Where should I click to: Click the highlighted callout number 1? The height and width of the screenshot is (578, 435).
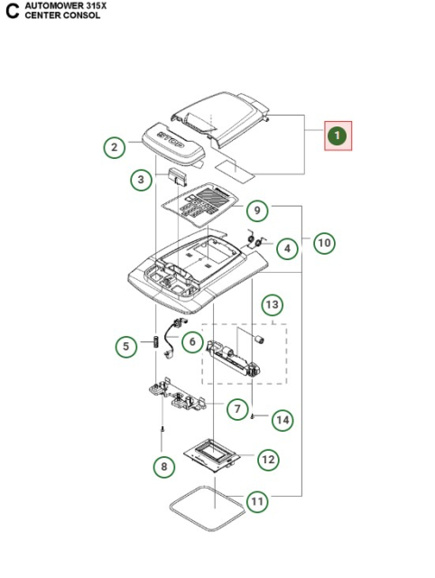click(337, 136)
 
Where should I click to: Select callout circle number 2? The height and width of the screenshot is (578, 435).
click(114, 147)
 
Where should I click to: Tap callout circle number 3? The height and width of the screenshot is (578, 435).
click(140, 181)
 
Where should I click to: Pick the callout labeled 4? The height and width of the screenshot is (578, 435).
click(287, 247)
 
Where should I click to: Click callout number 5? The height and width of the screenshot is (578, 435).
click(127, 345)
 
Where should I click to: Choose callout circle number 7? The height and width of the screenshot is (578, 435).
click(237, 409)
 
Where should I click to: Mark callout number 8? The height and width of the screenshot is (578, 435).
click(162, 466)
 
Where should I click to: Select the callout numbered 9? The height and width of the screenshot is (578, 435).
click(257, 211)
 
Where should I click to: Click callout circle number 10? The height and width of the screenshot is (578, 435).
click(324, 242)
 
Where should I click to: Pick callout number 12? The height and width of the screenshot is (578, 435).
click(268, 459)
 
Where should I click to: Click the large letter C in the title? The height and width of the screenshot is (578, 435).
click(12, 12)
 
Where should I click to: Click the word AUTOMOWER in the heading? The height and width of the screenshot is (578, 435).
click(50, 5)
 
